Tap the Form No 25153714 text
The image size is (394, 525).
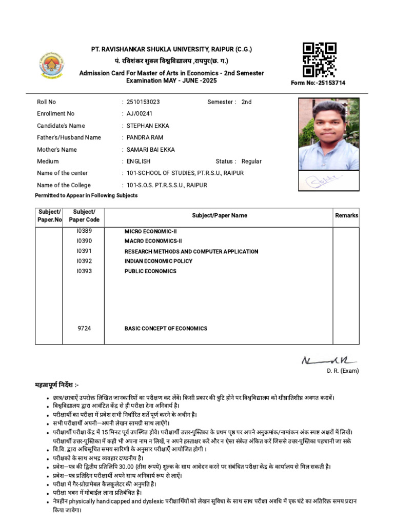coord(318,83)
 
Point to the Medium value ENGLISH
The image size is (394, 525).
coord(139,161)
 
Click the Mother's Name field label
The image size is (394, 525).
coord(57,150)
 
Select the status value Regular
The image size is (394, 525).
coord(251,161)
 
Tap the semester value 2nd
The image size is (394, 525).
coord(246,102)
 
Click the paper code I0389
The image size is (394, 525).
coord(84,231)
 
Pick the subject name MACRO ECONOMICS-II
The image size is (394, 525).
coord(153,241)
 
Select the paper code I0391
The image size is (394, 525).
coord(84,251)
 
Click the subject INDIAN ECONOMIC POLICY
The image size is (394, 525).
coord(159,261)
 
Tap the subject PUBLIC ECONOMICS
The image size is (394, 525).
coord(150,271)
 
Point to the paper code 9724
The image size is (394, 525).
coord(84,328)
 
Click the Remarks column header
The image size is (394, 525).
coord(346,215)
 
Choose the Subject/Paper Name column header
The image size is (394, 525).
coord(220,215)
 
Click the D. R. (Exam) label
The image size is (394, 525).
coord(343,371)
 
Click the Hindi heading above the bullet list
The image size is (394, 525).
coord(56,385)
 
